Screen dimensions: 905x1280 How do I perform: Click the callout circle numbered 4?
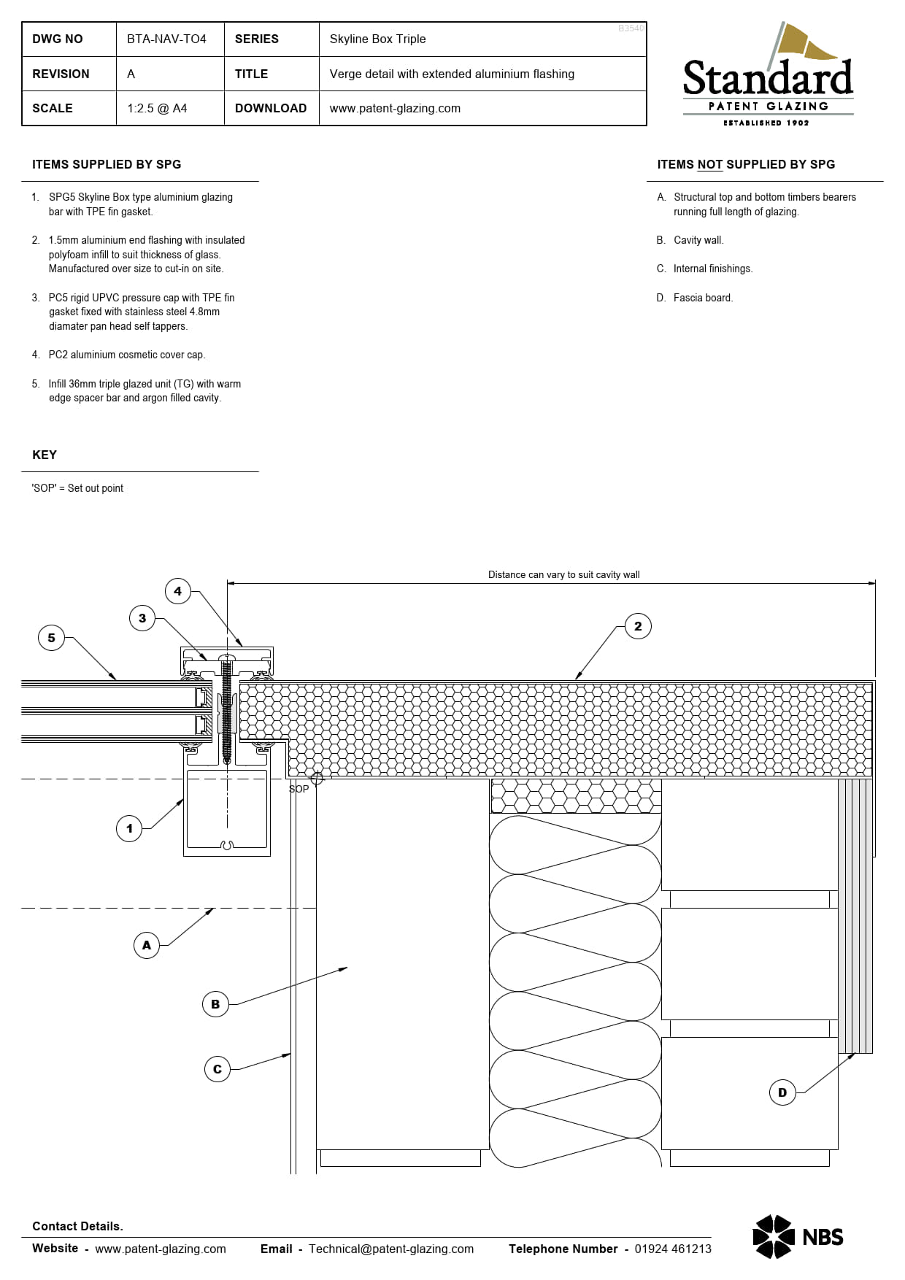point(178,591)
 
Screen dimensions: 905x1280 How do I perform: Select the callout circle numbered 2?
point(638,626)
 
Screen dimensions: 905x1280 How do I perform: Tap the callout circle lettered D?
point(782,1092)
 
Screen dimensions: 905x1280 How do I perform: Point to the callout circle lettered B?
point(215,1004)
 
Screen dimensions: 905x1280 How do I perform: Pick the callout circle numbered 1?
point(129,828)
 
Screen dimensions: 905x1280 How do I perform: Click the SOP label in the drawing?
point(299,789)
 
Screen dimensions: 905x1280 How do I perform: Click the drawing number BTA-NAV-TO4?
point(166,39)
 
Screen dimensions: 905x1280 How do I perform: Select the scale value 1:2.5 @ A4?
point(157,108)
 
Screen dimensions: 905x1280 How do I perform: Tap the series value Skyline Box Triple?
point(377,39)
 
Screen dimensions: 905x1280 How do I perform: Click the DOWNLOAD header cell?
point(271,108)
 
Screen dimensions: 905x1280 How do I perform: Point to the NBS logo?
point(798,1236)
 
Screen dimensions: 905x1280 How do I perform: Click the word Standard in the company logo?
point(768,78)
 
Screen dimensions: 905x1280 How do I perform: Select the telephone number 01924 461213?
point(673,1249)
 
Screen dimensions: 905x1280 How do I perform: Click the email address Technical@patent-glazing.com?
point(391,1249)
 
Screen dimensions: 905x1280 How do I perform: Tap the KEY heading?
point(45,455)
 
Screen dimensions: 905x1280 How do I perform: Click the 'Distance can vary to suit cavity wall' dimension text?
point(564,574)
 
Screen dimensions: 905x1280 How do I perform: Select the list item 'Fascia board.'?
point(695,298)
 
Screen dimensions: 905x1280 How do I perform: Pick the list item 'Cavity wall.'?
point(690,240)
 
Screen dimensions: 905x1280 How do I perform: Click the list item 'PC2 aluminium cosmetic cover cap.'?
point(119,355)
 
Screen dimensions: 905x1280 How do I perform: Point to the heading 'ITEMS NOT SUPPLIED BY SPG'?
point(746,164)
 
